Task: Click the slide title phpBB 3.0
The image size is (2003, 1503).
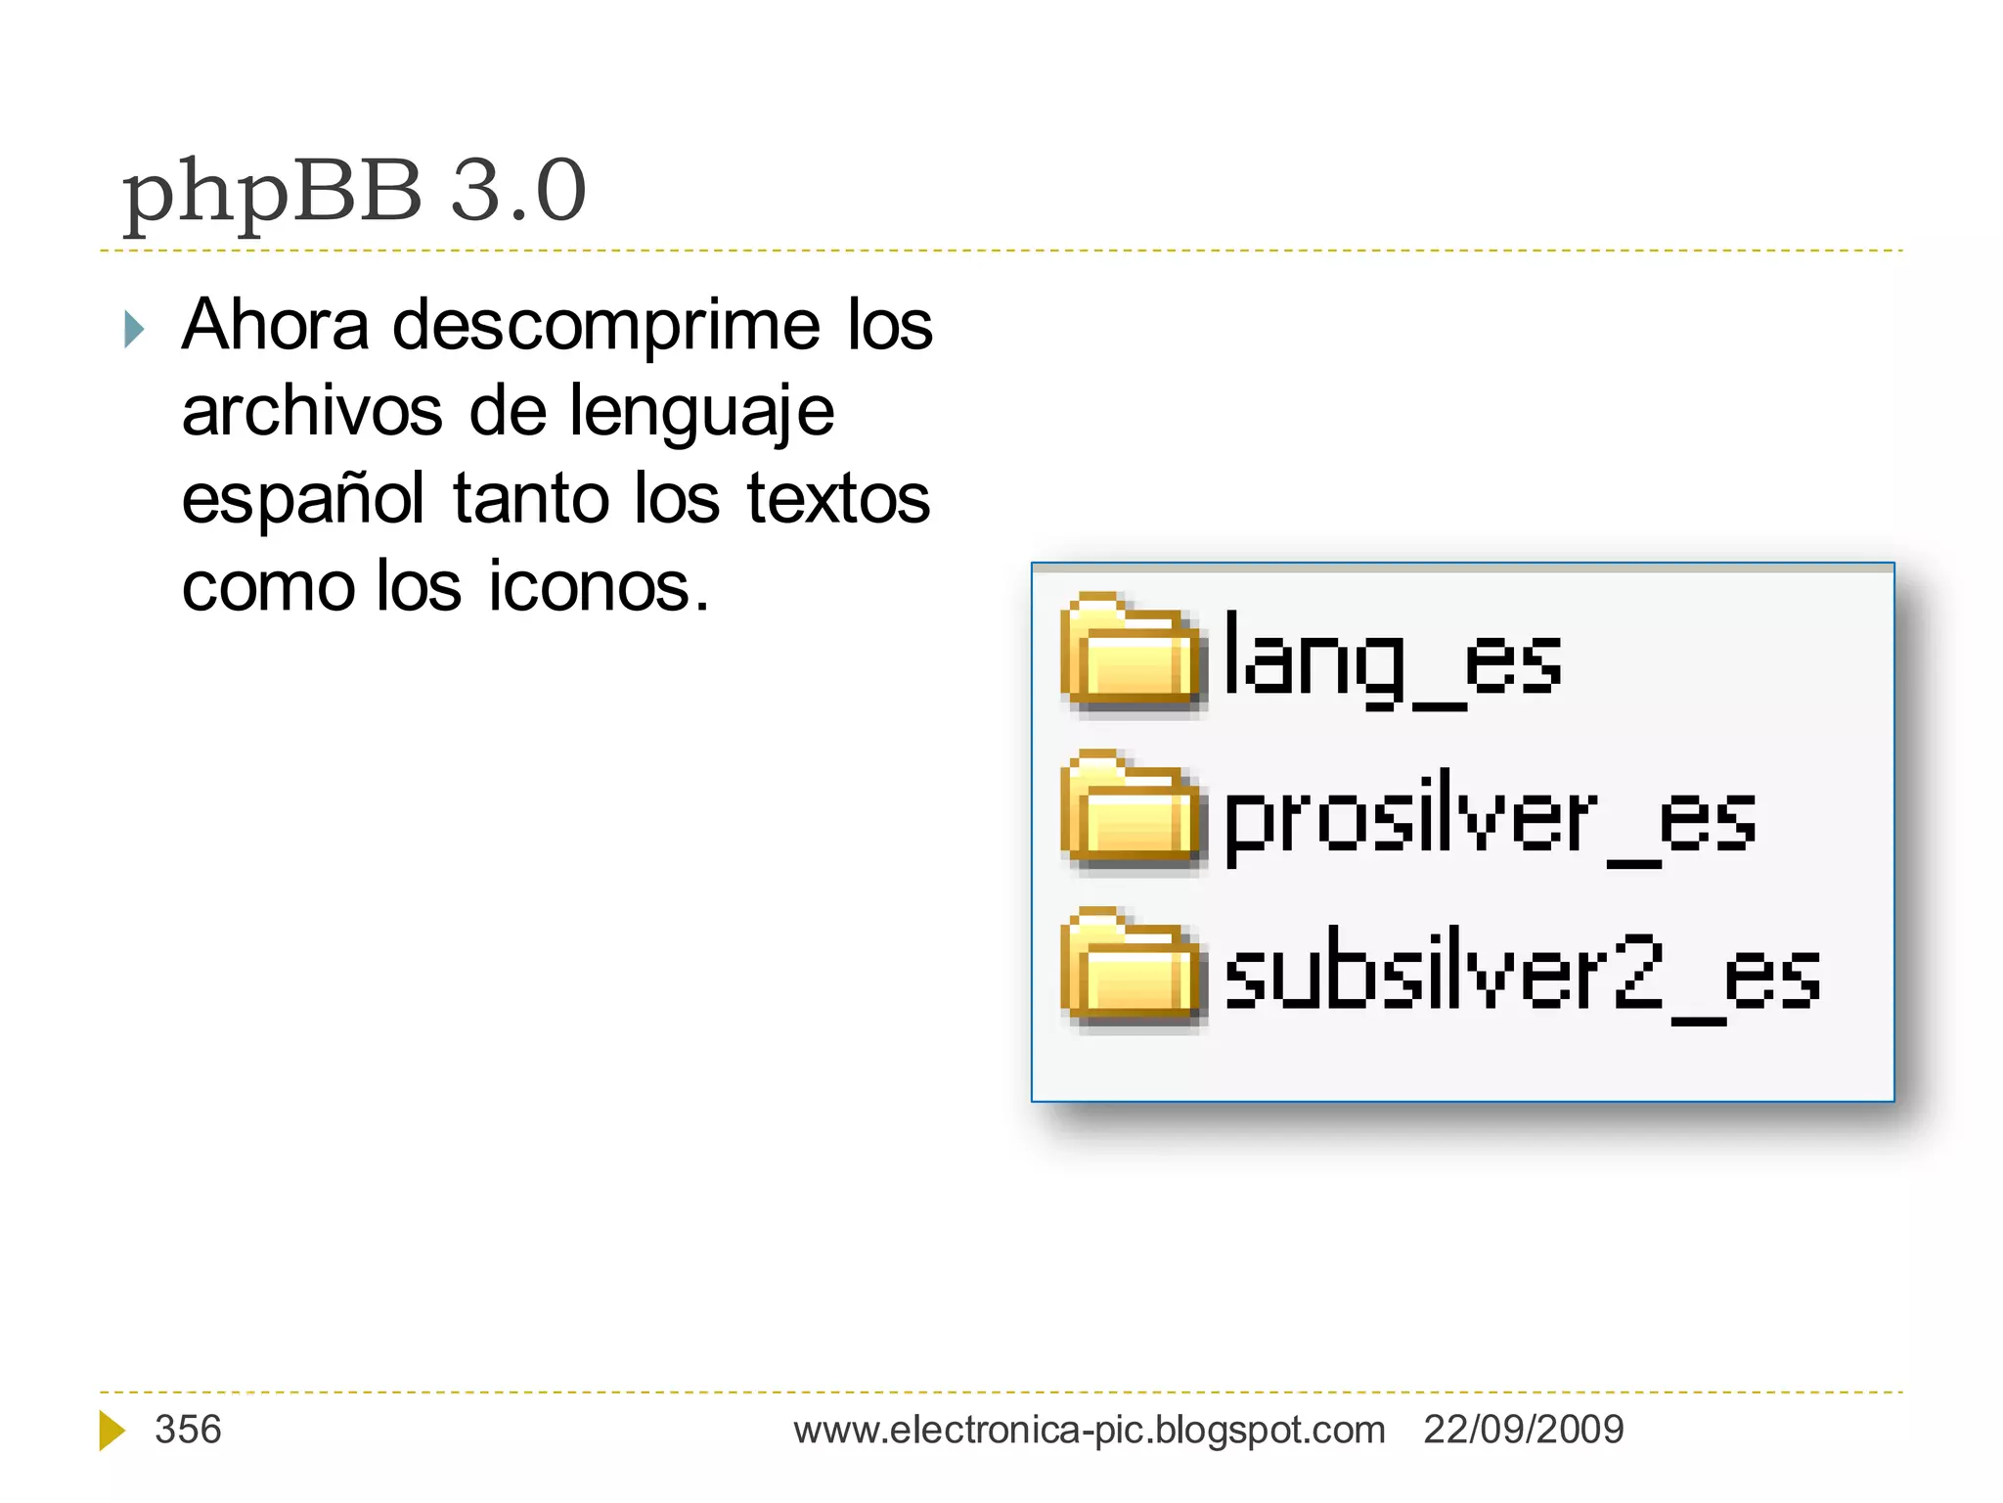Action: point(354,191)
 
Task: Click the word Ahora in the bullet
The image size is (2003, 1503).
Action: point(276,325)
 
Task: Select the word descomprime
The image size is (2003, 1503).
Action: point(606,327)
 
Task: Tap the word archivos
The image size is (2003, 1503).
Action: point(312,411)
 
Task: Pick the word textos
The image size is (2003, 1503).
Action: point(838,499)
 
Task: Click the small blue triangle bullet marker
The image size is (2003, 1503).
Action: point(135,329)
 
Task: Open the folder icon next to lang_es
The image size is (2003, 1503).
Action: point(1131,653)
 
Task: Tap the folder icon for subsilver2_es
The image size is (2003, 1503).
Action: point(1131,968)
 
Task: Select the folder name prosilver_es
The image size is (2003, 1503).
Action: point(1490,819)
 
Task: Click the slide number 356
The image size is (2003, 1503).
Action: point(188,1430)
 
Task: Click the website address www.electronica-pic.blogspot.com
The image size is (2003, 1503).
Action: point(1089,1431)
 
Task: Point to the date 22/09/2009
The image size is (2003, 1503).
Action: point(1523,1430)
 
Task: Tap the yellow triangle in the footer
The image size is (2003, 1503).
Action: point(111,1431)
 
